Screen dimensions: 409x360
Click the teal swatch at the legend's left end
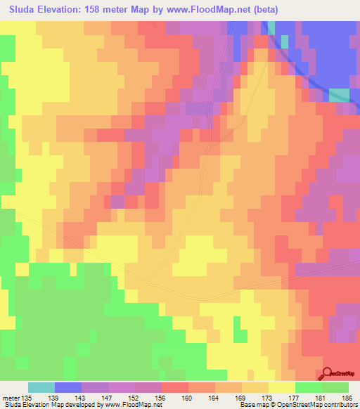pyautogui.click(x=41, y=387)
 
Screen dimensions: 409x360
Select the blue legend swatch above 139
pyautogui.click(x=68, y=387)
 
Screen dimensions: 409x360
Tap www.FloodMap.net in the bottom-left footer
pyautogui.click(x=131, y=405)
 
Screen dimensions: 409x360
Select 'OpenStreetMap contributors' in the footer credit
pyautogui.click(x=320, y=405)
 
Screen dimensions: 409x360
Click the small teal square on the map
pyautogui.click(x=339, y=95)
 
